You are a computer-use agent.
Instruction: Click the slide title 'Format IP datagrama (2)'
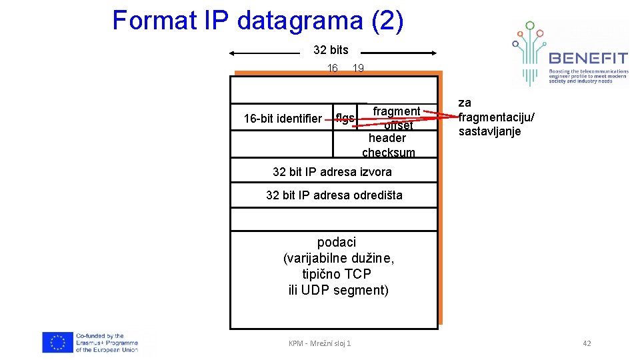257,21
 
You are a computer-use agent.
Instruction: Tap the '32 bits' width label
331,50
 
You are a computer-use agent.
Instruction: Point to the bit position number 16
333,68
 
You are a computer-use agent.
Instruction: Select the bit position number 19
358,68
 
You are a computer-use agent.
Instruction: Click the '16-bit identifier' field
283,119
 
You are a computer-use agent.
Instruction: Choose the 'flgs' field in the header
345,119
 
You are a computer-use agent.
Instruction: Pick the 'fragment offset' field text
397,117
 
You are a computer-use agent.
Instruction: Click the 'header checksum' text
388,145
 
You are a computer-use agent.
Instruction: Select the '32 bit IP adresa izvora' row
332,171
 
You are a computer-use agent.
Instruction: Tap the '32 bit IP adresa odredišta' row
334,195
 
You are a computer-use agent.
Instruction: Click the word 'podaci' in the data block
337,242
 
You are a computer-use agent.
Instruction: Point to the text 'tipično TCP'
337,274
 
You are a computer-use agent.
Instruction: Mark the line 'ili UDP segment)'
339,290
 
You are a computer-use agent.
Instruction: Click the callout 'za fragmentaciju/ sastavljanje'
495,117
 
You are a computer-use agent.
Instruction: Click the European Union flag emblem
58,343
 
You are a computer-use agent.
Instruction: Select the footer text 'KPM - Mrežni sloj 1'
319,343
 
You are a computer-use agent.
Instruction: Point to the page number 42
587,343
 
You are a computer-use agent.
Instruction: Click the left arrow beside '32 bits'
264,53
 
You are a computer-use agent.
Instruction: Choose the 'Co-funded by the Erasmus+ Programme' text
107,343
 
